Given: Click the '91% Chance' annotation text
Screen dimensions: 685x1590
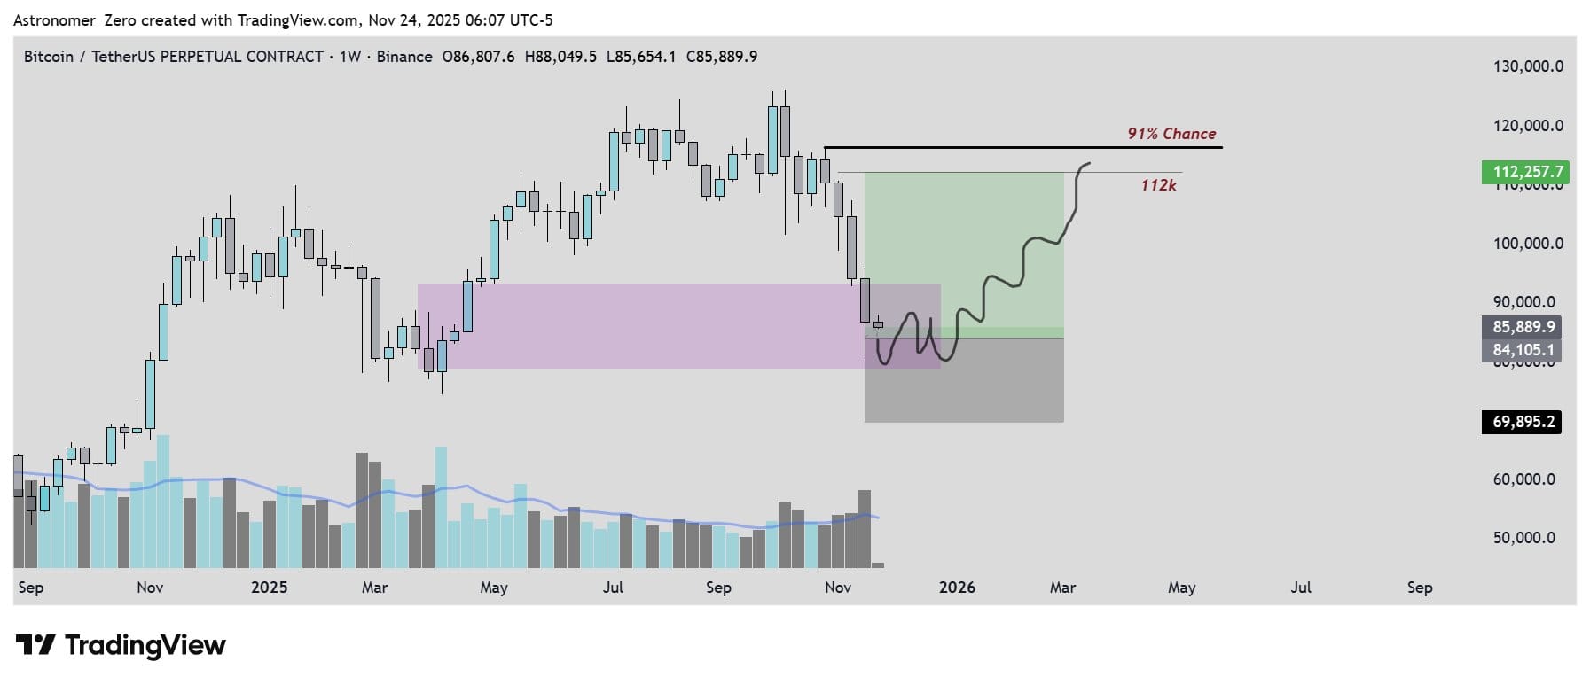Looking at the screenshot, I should [x=1171, y=134].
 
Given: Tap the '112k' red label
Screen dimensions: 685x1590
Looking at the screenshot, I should [x=1158, y=185].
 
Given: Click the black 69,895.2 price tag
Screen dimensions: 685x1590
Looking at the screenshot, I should [x=1523, y=422].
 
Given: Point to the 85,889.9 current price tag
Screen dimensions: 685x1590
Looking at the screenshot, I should [x=1523, y=327].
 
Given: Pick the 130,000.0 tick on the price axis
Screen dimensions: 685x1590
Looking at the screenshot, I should [x=1528, y=66].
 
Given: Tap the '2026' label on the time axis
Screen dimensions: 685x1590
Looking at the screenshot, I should [x=957, y=588].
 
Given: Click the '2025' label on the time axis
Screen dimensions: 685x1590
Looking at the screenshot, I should [x=269, y=588].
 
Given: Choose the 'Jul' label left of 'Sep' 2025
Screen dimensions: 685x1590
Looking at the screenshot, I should [x=613, y=588].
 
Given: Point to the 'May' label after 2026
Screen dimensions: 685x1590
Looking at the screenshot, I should [x=1181, y=588].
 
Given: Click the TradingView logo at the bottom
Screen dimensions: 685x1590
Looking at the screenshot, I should [x=121, y=645].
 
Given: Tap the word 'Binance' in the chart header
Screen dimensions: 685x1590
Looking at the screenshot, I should [x=404, y=57].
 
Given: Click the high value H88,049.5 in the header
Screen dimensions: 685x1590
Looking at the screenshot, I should [x=561, y=57].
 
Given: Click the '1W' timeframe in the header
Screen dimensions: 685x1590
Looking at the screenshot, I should [x=349, y=57].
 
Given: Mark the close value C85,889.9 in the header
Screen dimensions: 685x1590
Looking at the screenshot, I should [x=722, y=57].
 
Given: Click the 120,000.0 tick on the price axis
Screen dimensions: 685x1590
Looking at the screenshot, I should [x=1528, y=126].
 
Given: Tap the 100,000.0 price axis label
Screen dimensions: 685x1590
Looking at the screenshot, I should [x=1528, y=244].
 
